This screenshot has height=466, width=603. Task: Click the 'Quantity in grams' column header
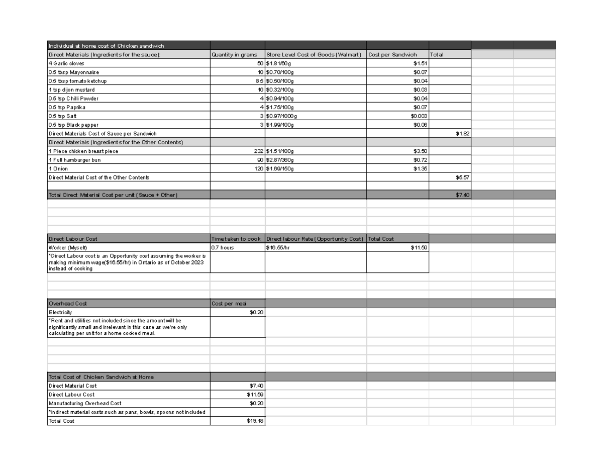[235, 55]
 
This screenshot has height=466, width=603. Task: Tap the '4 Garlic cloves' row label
[67, 63]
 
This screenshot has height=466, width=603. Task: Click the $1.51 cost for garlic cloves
[420, 63]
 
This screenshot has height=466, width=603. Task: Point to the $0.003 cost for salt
[419, 116]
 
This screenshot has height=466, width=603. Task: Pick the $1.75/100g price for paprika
[280, 107]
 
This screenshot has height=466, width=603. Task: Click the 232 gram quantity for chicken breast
[258, 151]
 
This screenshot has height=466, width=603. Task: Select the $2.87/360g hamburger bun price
[280, 160]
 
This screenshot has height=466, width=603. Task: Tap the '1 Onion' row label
[58, 169]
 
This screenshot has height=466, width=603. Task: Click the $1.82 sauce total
[462, 134]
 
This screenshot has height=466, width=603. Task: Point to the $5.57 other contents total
[462, 177]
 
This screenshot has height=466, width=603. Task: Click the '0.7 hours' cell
[223, 247]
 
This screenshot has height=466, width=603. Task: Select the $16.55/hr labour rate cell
[278, 247]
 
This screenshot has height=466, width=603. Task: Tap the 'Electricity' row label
[60, 312]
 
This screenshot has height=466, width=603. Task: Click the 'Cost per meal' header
[229, 304]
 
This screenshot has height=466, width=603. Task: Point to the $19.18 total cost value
[256, 421]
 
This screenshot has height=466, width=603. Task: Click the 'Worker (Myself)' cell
[68, 247]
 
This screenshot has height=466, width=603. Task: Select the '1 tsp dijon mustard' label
[71, 89]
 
